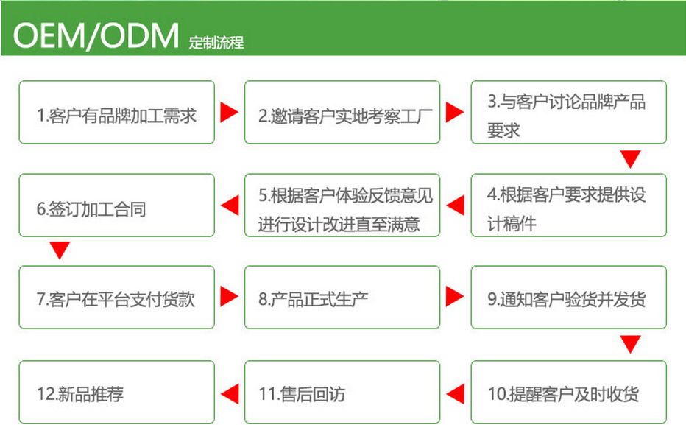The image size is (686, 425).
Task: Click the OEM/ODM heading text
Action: (x=96, y=35)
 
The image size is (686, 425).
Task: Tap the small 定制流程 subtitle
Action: (x=216, y=43)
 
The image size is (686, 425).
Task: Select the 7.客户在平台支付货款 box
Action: (x=116, y=298)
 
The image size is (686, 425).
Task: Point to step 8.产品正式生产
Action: (x=342, y=298)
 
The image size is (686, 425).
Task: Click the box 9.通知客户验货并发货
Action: (x=568, y=298)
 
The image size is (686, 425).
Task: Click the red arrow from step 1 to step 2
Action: (x=230, y=113)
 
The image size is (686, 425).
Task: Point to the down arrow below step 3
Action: (x=630, y=158)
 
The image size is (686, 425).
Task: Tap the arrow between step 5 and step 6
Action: (x=230, y=206)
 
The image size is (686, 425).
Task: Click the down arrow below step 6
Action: (x=60, y=250)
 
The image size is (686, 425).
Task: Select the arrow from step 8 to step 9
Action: (x=456, y=297)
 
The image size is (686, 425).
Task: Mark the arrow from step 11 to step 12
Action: (x=230, y=393)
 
